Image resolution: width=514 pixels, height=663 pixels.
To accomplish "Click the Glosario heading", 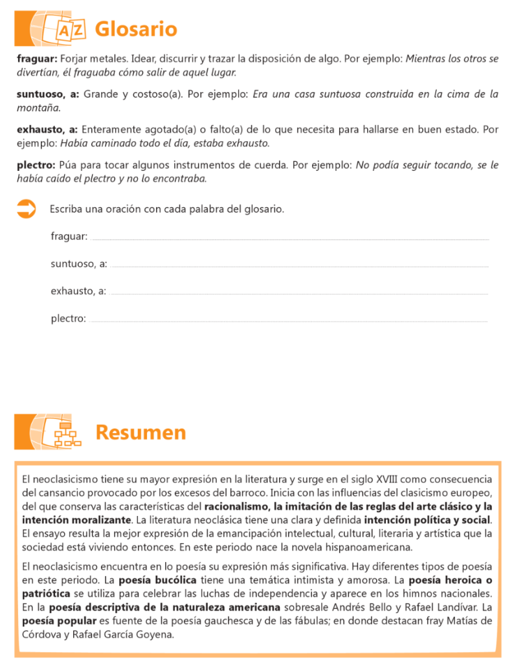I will (135, 29).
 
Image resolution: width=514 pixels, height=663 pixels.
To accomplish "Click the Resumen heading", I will (140, 432).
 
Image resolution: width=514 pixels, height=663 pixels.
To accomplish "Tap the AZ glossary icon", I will (71, 30).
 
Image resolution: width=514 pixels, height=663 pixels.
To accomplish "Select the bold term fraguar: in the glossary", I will (37, 58).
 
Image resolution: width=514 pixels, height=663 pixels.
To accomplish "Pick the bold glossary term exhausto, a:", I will (47, 129).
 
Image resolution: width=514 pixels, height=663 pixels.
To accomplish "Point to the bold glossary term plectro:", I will (37, 165).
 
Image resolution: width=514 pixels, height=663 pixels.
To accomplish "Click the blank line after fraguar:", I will (291, 239).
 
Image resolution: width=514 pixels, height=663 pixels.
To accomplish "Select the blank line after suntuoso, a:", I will (300, 266).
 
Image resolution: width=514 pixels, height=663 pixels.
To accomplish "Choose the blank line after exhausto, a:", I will (299, 293).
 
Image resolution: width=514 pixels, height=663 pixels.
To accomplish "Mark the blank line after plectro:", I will (289, 320).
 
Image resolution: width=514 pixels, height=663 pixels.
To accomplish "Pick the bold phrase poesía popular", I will (58, 621).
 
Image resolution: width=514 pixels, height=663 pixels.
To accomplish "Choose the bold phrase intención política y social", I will (428, 519).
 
